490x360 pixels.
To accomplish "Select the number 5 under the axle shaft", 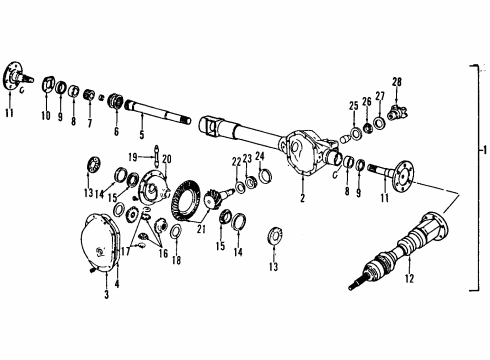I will click(x=141, y=135).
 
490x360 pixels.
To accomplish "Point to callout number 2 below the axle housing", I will click(x=300, y=198).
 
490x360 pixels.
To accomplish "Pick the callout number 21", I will click(x=203, y=228).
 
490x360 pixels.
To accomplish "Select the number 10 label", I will click(x=44, y=116).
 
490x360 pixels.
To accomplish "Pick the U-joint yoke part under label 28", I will click(x=396, y=102).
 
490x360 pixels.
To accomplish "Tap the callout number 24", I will click(x=259, y=156).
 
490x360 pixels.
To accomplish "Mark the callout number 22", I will click(x=235, y=161).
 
